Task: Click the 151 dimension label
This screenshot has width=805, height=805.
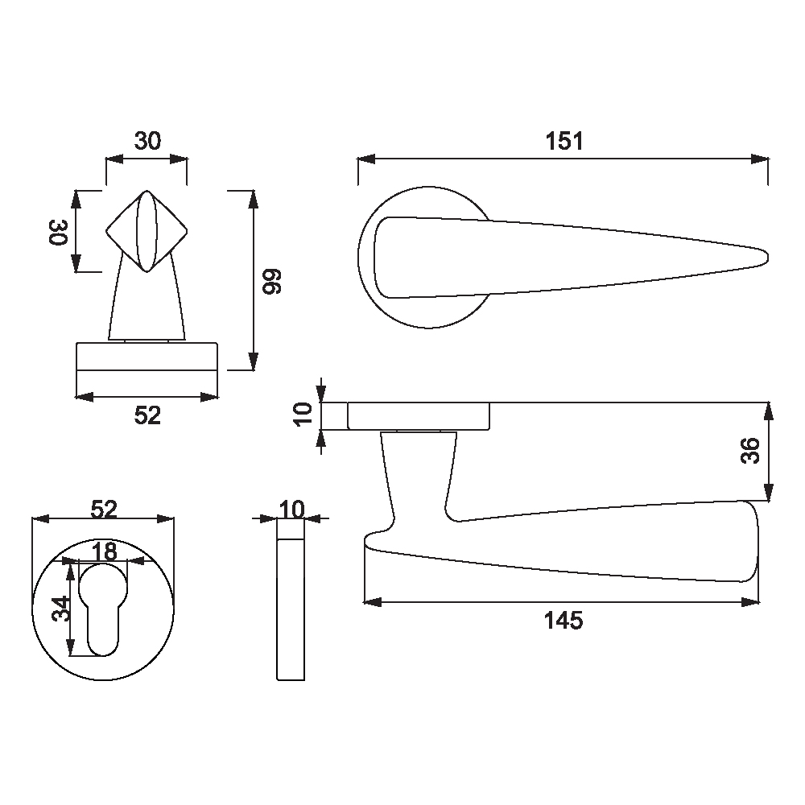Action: click(563, 141)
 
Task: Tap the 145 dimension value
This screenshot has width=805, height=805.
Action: click(563, 621)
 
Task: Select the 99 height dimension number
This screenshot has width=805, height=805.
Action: click(273, 281)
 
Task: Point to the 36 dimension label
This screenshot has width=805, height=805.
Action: click(750, 451)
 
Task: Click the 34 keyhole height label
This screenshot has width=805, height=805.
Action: click(62, 609)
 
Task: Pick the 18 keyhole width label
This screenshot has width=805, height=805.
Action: click(104, 552)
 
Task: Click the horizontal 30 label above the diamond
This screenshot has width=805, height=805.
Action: click(147, 141)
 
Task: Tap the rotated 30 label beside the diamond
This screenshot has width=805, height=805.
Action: click(59, 233)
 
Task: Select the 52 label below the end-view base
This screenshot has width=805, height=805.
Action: click(147, 415)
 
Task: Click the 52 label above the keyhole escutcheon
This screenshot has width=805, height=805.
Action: click(104, 509)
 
